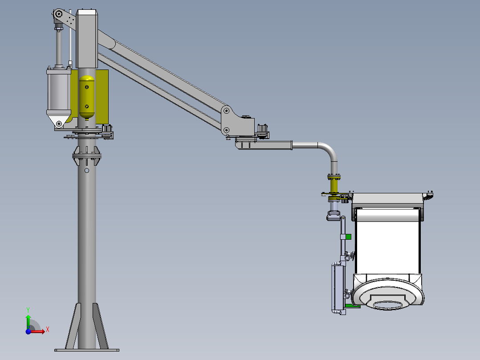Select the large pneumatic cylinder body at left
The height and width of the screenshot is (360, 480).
point(58,91)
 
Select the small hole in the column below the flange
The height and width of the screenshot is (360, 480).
point(87,170)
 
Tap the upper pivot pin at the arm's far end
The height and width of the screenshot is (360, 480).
point(226,110)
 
